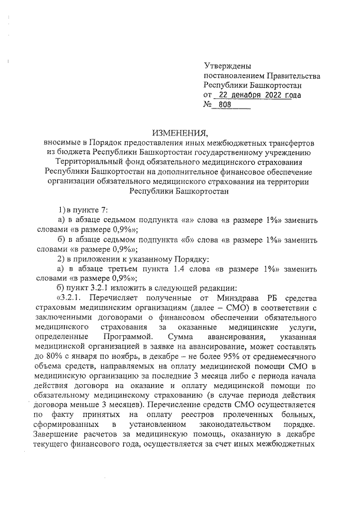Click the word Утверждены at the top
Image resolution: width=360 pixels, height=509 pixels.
tap(228, 66)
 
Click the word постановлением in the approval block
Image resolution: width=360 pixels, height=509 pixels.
tap(231, 76)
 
